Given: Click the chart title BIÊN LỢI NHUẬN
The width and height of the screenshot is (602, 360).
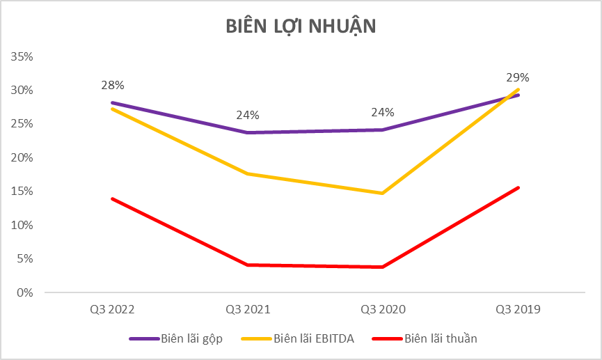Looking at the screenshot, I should click(301, 26).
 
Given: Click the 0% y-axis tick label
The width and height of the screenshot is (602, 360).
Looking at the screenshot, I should click(26, 292).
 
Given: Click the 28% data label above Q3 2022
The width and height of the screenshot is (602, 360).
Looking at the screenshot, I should click(113, 85).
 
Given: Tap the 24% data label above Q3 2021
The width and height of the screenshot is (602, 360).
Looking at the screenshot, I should click(248, 115).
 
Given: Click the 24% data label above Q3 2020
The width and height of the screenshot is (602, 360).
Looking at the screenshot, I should click(383, 112).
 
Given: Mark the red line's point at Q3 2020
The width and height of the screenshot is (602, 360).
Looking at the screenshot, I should click(383, 267).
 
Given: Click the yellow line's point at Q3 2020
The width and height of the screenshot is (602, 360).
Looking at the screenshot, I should click(383, 193).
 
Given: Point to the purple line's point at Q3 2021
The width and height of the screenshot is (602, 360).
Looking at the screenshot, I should click(248, 132).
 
